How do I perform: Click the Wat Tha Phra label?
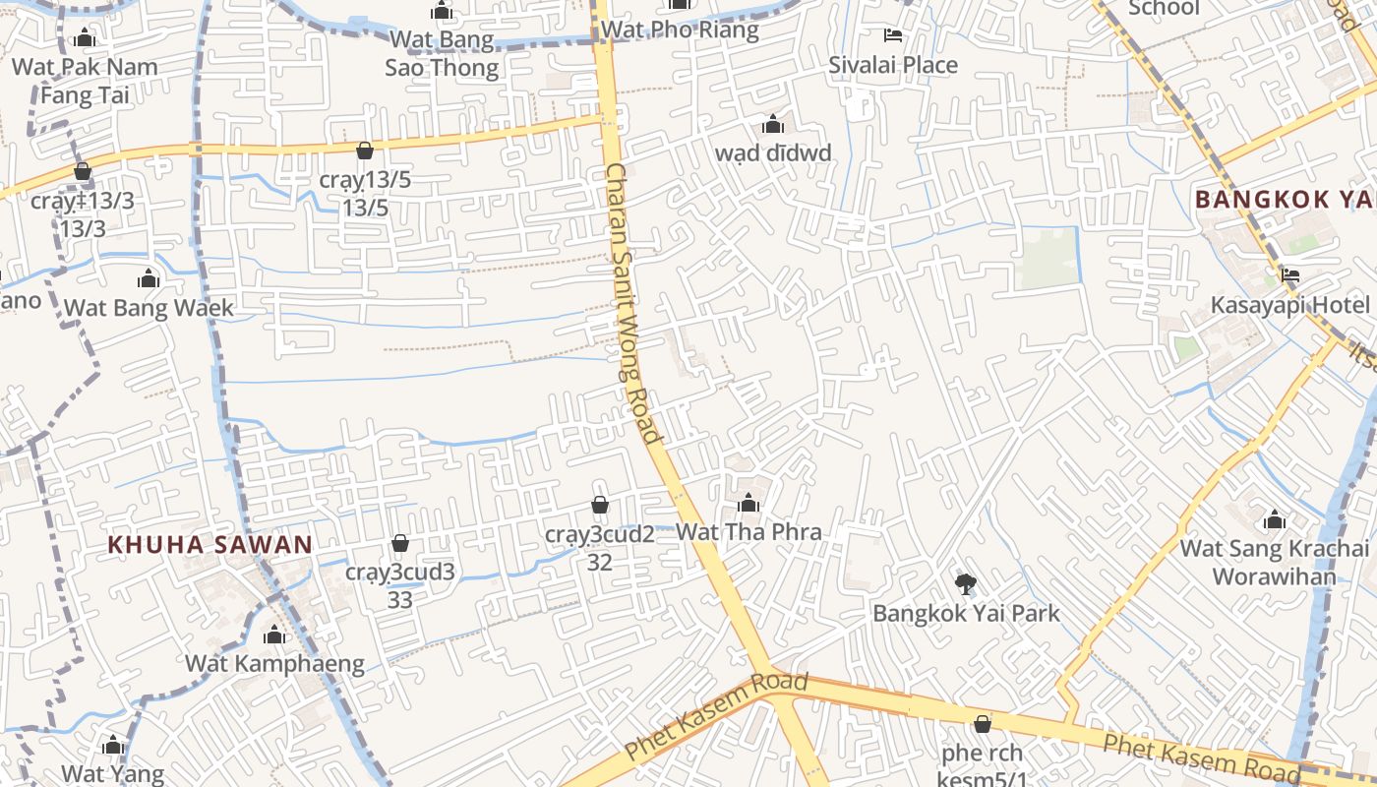click(748, 532)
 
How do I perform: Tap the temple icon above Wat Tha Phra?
click(748, 504)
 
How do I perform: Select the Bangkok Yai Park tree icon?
click(965, 584)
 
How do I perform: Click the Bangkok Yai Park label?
click(966, 613)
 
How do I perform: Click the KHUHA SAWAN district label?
click(210, 544)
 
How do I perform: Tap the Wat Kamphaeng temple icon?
click(274, 636)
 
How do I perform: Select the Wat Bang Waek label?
click(149, 308)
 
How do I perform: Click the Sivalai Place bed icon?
click(893, 36)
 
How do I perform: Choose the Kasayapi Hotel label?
click(1289, 305)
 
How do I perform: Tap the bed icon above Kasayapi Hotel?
click(1289, 275)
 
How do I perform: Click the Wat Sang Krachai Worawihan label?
click(1274, 562)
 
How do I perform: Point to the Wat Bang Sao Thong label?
click(442, 53)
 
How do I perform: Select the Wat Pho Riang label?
click(680, 30)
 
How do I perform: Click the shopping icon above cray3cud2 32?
click(599, 505)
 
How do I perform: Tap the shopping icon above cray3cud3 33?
click(400, 543)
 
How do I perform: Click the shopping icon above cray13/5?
click(364, 151)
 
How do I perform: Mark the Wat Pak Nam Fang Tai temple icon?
click(85, 38)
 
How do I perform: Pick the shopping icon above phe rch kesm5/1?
click(982, 724)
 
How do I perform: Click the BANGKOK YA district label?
click(1285, 199)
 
